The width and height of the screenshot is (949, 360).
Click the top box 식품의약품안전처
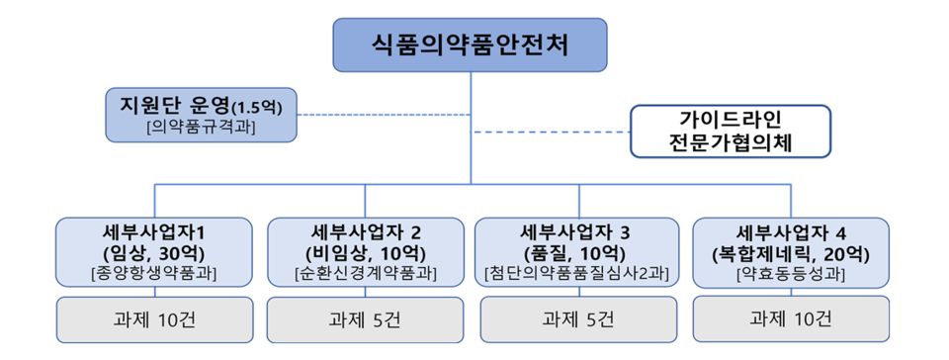470,45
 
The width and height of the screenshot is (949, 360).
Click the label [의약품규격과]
197,127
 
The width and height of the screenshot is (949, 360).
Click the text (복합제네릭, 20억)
790,252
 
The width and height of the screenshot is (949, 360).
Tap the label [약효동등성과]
790,273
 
